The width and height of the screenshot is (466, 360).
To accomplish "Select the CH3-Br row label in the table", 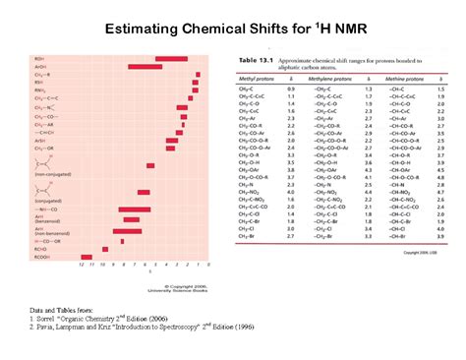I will (251, 236).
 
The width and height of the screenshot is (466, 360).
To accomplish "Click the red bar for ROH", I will (171, 59).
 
